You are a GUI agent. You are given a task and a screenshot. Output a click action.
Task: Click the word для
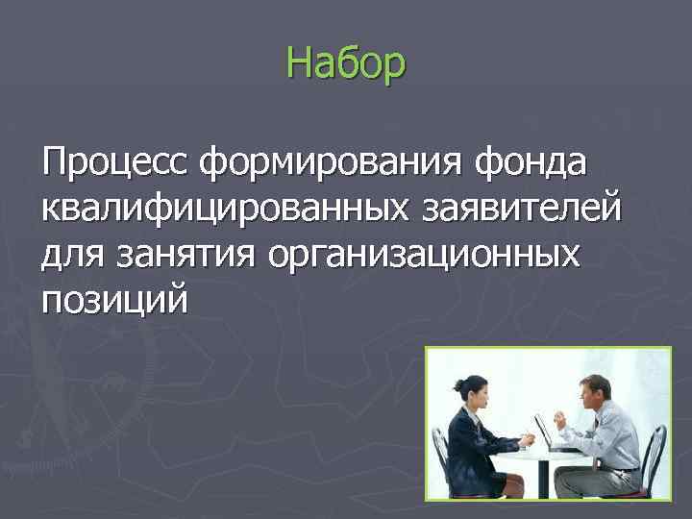click(x=74, y=254)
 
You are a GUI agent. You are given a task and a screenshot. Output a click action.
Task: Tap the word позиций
click(x=114, y=301)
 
